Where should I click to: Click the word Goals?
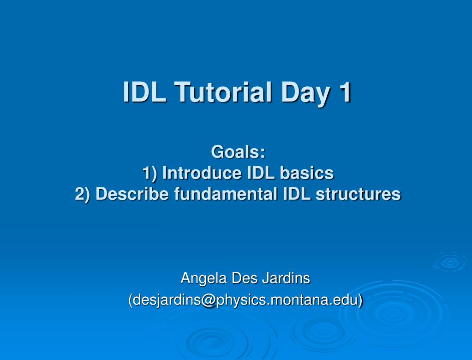[x=238, y=151]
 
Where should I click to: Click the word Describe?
[x=133, y=194]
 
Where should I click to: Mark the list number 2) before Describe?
[x=84, y=194]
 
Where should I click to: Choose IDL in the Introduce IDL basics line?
[x=263, y=173]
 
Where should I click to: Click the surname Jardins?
[x=286, y=278]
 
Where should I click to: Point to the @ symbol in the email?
[x=208, y=300]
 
